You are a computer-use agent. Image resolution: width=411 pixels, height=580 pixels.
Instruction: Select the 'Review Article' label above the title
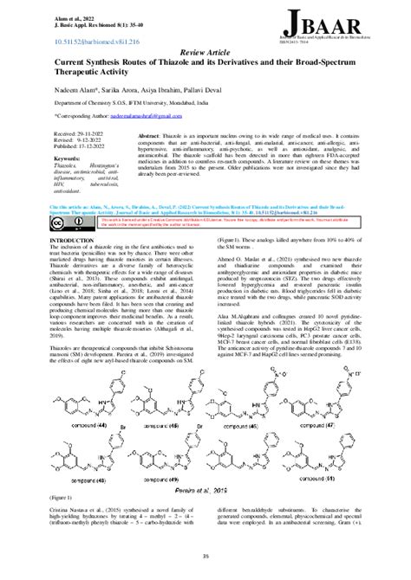click(x=205, y=52)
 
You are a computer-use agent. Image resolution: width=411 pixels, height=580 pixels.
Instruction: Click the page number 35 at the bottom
click(x=205, y=556)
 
